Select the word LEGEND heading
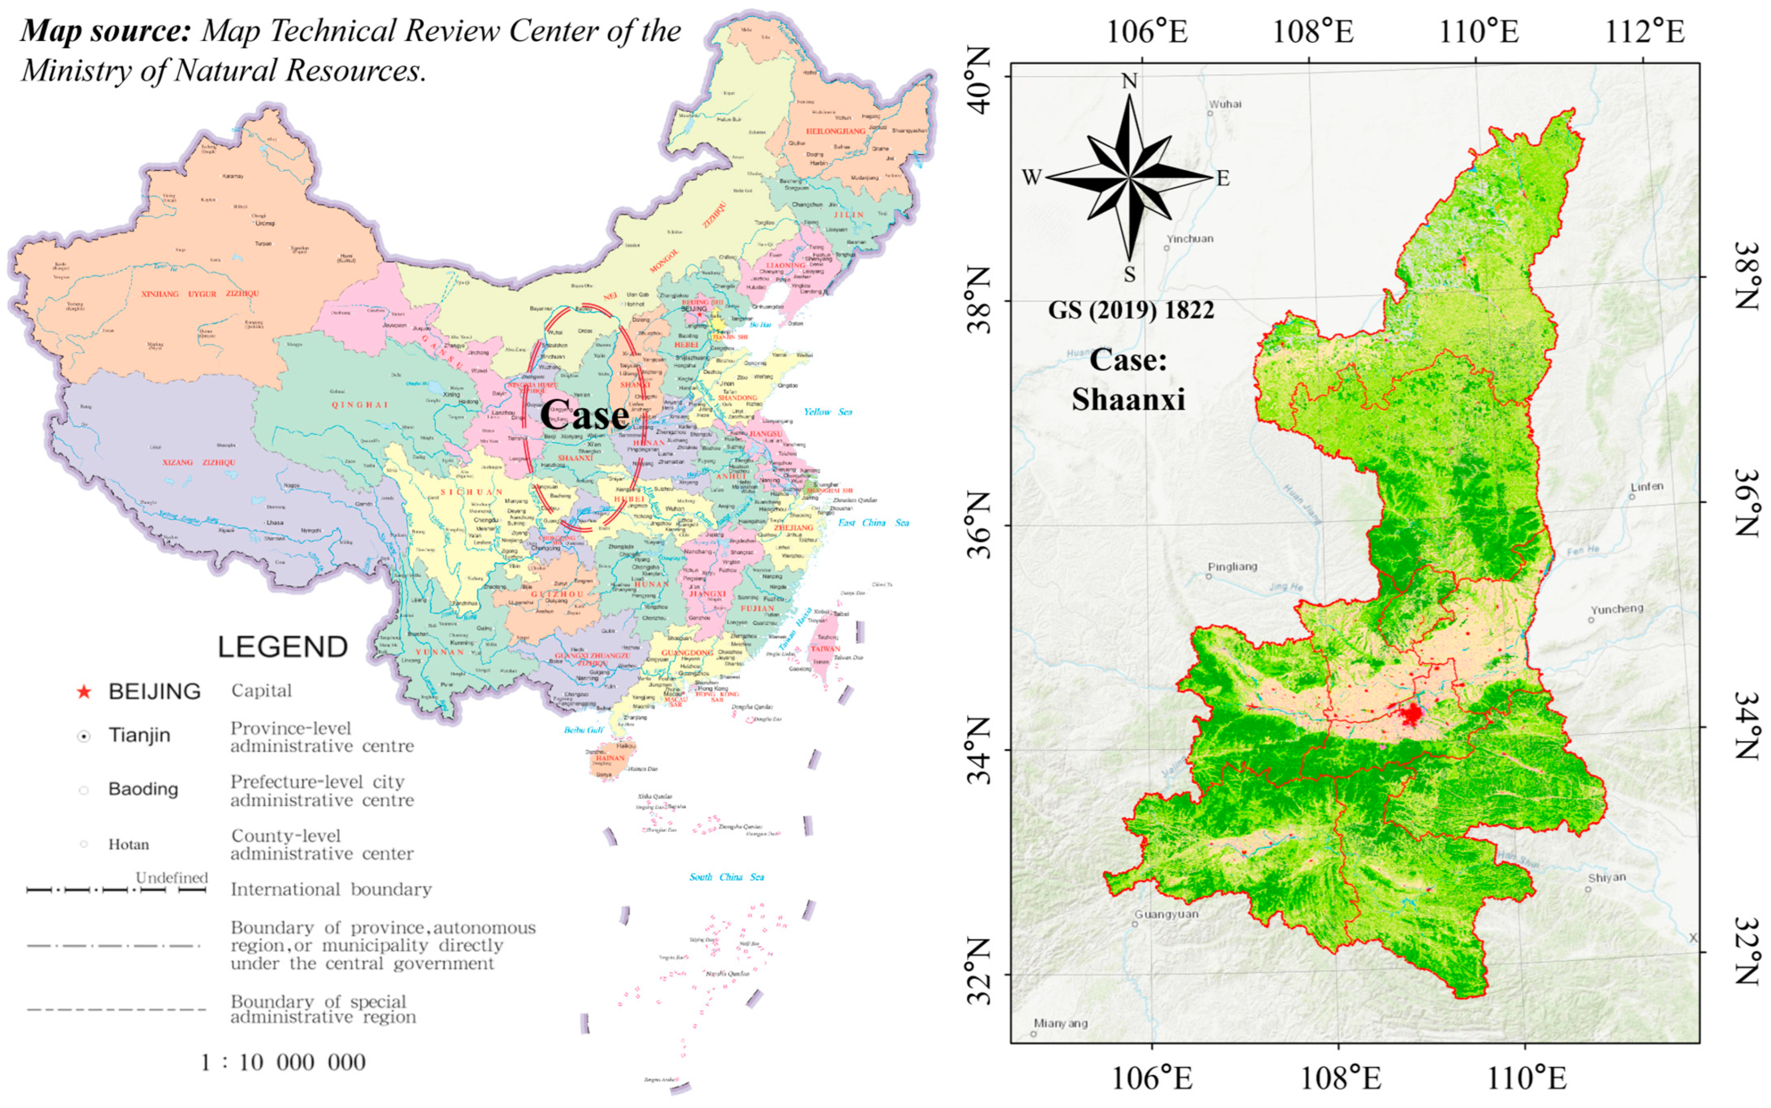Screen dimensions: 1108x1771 point(283,647)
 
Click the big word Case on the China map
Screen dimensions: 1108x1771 point(585,415)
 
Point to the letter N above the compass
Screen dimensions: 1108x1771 point(1130,81)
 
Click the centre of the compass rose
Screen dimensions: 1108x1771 point(1130,177)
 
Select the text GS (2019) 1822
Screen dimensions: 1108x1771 point(1131,310)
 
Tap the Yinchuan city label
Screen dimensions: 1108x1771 point(1190,239)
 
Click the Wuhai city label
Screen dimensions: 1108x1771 point(1226,104)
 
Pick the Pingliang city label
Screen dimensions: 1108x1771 point(1232,567)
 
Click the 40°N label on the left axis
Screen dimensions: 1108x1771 point(980,79)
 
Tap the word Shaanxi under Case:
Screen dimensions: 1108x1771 point(1128,399)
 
